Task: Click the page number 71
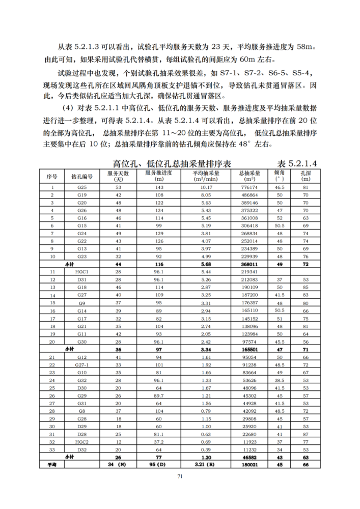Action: click(180, 476)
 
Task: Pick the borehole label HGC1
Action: click(82, 272)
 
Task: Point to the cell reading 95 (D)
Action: click(158, 465)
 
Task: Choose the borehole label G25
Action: click(82, 187)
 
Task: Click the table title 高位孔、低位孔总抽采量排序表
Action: click(172, 163)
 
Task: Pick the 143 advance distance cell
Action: click(158, 187)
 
